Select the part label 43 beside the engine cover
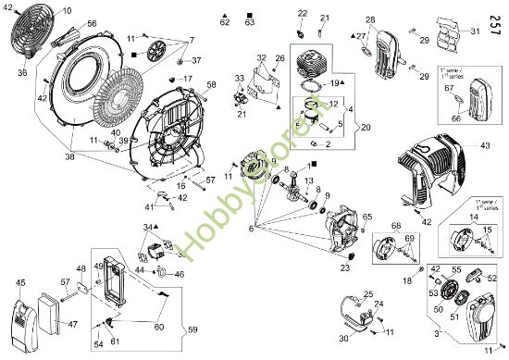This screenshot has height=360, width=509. (x=486, y=146)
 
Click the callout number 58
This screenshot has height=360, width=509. (x=211, y=85)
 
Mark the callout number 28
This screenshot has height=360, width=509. (x=370, y=19)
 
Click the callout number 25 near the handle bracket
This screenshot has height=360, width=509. (x=367, y=294)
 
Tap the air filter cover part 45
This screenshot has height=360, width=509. (x=22, y=319)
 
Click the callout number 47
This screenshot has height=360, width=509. (x=72, y=326)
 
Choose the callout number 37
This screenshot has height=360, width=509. (x=196, y=60)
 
